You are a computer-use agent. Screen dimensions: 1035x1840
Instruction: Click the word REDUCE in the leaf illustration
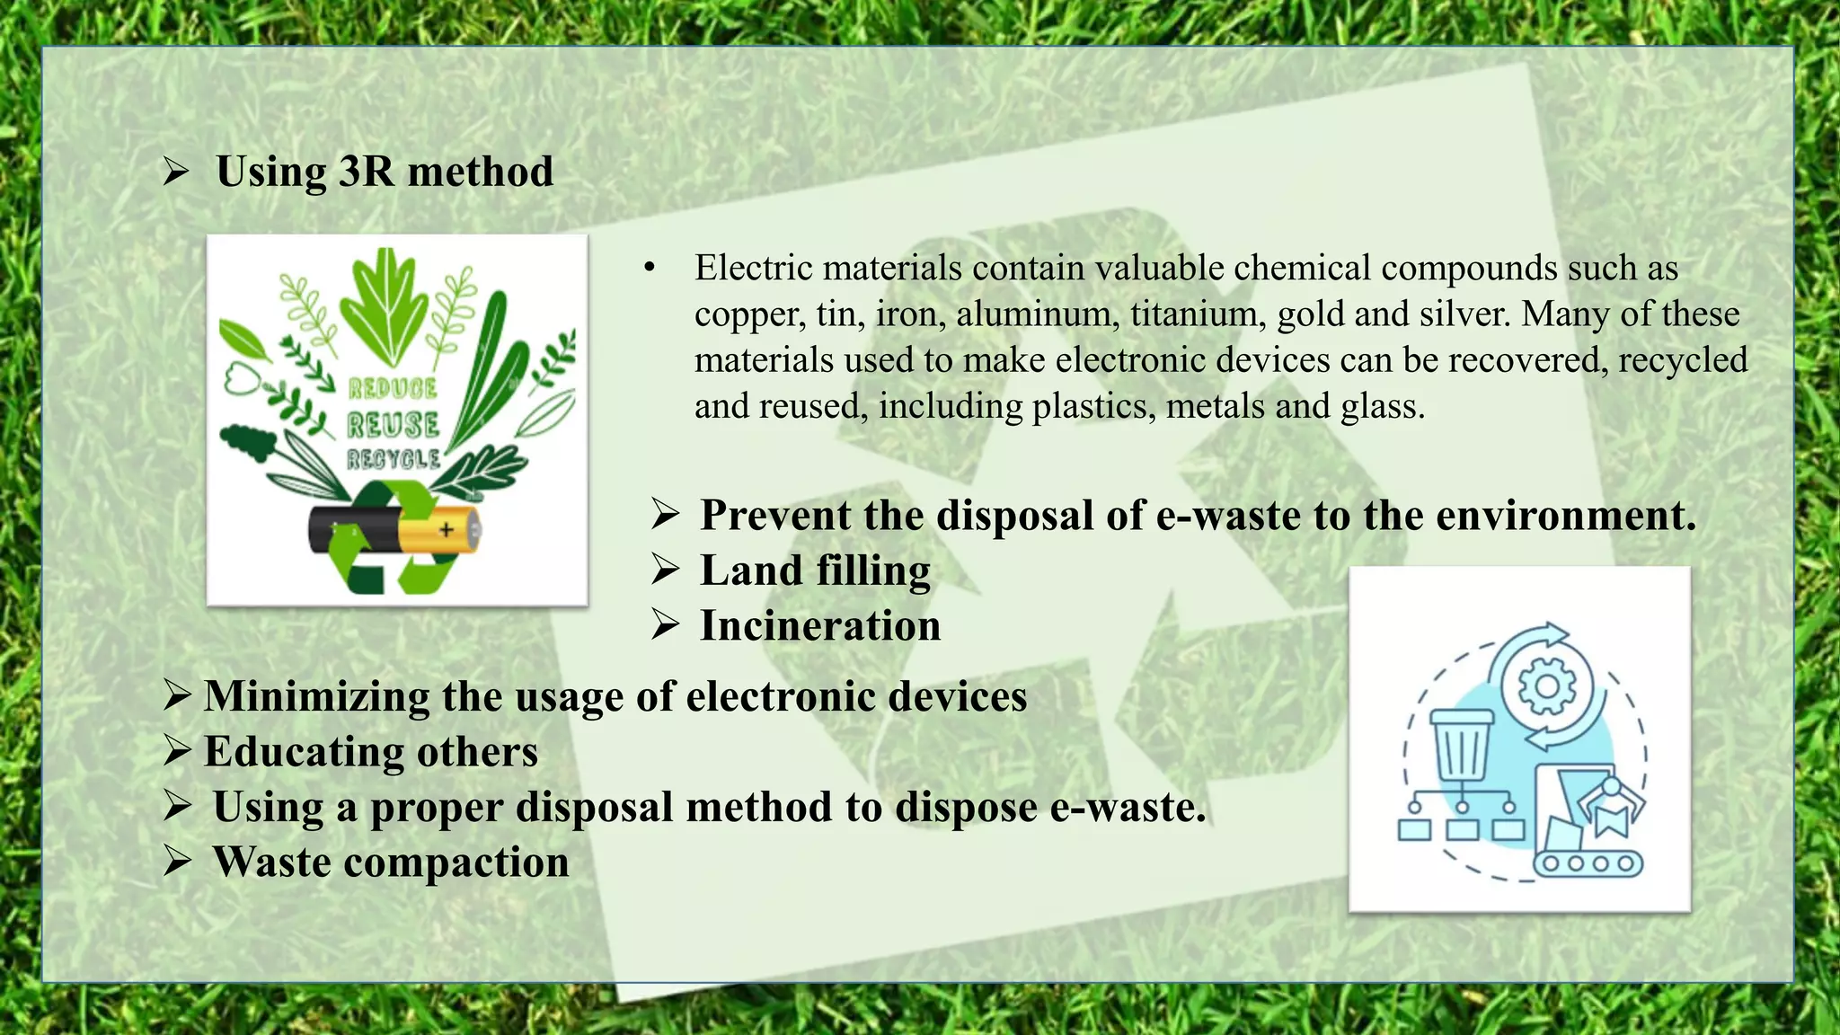point(393,388)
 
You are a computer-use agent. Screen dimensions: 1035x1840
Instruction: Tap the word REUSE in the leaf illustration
point(394,425)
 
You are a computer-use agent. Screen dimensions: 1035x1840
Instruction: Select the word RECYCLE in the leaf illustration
point(394,460)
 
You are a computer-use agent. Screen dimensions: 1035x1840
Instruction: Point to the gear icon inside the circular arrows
point(1546,686)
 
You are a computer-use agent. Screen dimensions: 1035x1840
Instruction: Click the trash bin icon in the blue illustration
point(1463,747)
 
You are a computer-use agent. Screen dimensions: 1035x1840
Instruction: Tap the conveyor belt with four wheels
point(1588,863)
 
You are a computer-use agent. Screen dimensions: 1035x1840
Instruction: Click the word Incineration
point(820,625)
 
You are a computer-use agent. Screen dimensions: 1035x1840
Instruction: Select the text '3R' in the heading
point(366,171)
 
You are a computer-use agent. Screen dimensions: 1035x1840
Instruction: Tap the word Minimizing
point(317,696)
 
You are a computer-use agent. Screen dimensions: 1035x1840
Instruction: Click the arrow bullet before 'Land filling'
point(666,570)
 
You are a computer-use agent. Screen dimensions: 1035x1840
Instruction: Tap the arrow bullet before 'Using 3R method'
point(176,171)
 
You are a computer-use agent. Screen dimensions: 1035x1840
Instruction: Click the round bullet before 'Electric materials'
point(650,268)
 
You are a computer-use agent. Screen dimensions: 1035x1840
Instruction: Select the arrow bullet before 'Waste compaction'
point(177,862)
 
